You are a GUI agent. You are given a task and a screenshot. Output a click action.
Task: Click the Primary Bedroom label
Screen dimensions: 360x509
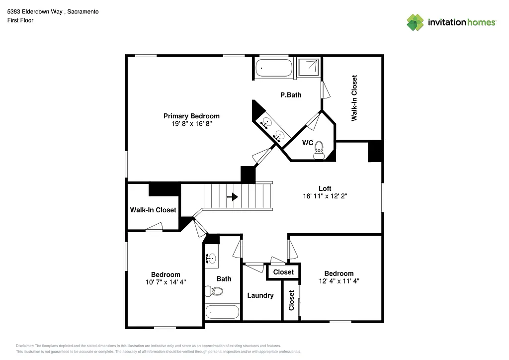(191, 116)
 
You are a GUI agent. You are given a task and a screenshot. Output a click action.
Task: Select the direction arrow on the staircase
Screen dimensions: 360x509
(232, 197)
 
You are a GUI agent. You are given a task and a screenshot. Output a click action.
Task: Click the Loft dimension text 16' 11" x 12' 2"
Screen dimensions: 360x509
(325, 196)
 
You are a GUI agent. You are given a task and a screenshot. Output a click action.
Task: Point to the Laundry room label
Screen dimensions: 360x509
(260, 295)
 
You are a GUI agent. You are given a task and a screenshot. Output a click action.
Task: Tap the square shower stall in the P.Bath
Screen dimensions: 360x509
(309, 68)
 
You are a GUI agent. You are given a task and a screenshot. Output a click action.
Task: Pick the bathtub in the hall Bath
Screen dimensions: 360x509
(222, 312)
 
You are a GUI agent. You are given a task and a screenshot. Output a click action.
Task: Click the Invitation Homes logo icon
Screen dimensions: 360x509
(415, 22)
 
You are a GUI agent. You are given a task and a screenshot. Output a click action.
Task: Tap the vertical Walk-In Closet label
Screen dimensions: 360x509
(354, 98)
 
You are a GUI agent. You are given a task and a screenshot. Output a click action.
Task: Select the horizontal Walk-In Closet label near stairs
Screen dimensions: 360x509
(153, 210)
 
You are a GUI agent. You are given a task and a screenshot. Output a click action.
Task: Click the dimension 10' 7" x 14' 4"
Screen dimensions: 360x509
(166, 282)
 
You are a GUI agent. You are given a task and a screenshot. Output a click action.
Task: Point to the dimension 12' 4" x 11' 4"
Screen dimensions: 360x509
(339, 280)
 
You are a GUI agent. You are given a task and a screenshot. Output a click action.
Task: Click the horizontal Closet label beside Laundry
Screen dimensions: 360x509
(283, 272)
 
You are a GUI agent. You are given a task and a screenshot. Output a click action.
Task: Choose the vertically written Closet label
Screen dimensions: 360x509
(291, 300)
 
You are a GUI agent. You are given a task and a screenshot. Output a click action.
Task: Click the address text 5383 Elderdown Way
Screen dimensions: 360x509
(53, 11)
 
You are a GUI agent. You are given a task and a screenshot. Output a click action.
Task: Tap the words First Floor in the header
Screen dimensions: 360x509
(20, 20)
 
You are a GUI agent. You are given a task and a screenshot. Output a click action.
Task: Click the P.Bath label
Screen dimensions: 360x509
(291, 94)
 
